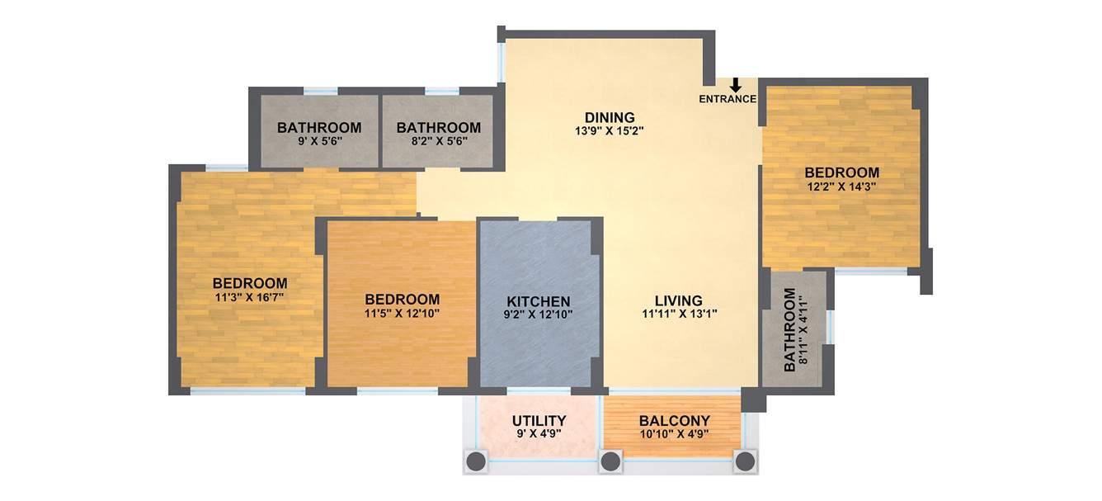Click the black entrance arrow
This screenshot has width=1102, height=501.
(x=735, y=85)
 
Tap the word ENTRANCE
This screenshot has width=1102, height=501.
(x=728, y=99)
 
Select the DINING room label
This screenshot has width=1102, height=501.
(x=610, y=116)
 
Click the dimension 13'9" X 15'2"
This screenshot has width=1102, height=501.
(x=610, y=130)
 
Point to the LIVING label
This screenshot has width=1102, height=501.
(x=679, y=300)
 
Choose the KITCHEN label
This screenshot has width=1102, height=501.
(x=539, y=301)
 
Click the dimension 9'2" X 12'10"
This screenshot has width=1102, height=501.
(x=539, y=314)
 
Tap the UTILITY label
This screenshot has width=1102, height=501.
(x=539, y=421)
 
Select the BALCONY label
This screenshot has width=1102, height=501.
(x=675, y=421)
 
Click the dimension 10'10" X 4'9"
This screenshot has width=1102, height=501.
(x=675, y=434)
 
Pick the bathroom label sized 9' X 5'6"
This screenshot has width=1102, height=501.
(x=319, y=128)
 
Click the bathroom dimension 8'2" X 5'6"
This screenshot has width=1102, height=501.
(x=438, y=141)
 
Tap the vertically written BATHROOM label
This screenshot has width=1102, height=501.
(x=790, y=330)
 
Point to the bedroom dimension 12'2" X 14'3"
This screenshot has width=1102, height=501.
(x=841, y=187)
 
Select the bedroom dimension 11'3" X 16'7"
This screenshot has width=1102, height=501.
(x=250, y=297)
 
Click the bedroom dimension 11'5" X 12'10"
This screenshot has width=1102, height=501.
(x=402, y=314)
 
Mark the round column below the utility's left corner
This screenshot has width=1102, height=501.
(x=476, y=461)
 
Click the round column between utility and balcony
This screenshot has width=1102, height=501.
(x=610, y=461)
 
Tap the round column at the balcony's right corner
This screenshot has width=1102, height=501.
(x=746, y=461)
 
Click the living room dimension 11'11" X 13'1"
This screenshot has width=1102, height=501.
(x=679, y=314)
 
